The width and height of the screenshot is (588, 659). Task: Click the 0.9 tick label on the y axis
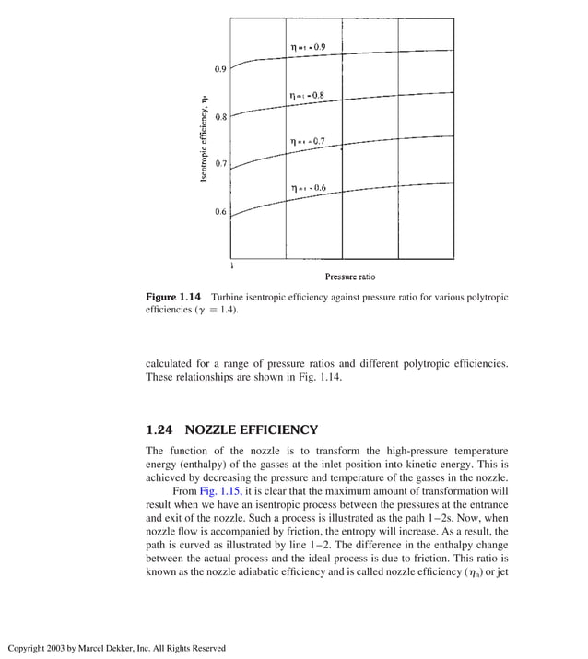click(220, 69)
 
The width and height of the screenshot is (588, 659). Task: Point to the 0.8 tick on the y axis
click(220, 117)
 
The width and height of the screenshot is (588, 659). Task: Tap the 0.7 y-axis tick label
click(220, 163)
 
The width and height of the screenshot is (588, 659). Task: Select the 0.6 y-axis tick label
click(220, 212)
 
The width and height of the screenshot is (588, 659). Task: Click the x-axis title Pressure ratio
click(349, 277)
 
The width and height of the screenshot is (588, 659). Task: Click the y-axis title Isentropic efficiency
click(204, 138)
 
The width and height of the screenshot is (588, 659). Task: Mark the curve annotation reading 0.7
click(307, 141)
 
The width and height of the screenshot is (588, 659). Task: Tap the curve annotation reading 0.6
click(308, 188)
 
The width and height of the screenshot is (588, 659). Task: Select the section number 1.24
click(160, 430)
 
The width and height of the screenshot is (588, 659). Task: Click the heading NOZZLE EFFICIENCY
click(252, 430)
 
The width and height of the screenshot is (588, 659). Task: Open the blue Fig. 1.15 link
click(205, 491)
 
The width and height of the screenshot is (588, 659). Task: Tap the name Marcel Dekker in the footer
click(100, 648)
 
